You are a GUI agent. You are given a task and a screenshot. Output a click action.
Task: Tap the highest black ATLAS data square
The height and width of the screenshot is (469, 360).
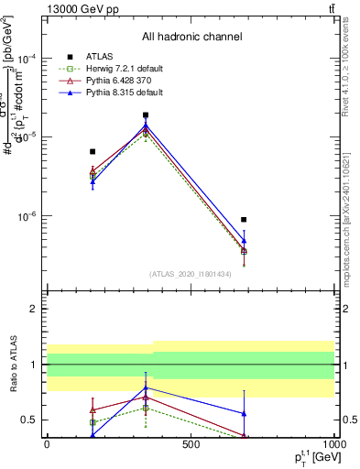[x=146, y=115]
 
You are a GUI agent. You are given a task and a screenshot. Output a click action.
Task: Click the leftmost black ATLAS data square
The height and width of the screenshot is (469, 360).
[x=93, y=151]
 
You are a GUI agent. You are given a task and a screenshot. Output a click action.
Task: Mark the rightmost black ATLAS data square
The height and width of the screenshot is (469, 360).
[x=244, y=220]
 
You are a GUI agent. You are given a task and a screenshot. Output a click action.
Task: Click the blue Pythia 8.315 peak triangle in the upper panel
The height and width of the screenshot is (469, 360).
[x=146, y=125]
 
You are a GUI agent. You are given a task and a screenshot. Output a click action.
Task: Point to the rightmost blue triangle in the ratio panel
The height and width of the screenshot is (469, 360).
[x=244, y=413]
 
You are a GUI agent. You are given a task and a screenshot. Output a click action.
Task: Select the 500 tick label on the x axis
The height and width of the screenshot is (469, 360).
[x=191, y=445]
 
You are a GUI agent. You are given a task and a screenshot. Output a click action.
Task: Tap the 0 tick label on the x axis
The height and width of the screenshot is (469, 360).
[x=47, y=445]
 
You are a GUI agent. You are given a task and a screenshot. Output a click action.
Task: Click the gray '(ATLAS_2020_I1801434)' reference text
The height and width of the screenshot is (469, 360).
[x=191, y=274]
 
